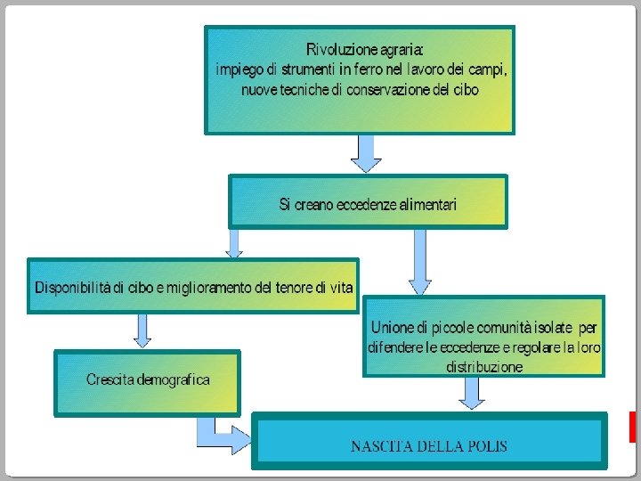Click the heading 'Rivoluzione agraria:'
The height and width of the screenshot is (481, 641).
point(365,49)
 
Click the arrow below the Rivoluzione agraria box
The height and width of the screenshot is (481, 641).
point(366,152)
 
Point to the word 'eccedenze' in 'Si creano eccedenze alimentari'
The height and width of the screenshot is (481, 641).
point(367,205)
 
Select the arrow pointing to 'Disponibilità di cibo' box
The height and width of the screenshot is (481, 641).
point(234,241)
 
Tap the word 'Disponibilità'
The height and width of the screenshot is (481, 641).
point(73,288)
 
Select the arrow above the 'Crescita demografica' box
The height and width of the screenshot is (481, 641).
point(142,330)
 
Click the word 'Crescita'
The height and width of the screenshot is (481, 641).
point(110,380)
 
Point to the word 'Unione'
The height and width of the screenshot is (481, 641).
point(390,328)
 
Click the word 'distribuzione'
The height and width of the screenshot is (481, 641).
point(484,366)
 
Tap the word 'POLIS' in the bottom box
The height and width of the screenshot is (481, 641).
point(484,445)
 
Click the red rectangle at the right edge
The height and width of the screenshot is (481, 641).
point(633,427)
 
